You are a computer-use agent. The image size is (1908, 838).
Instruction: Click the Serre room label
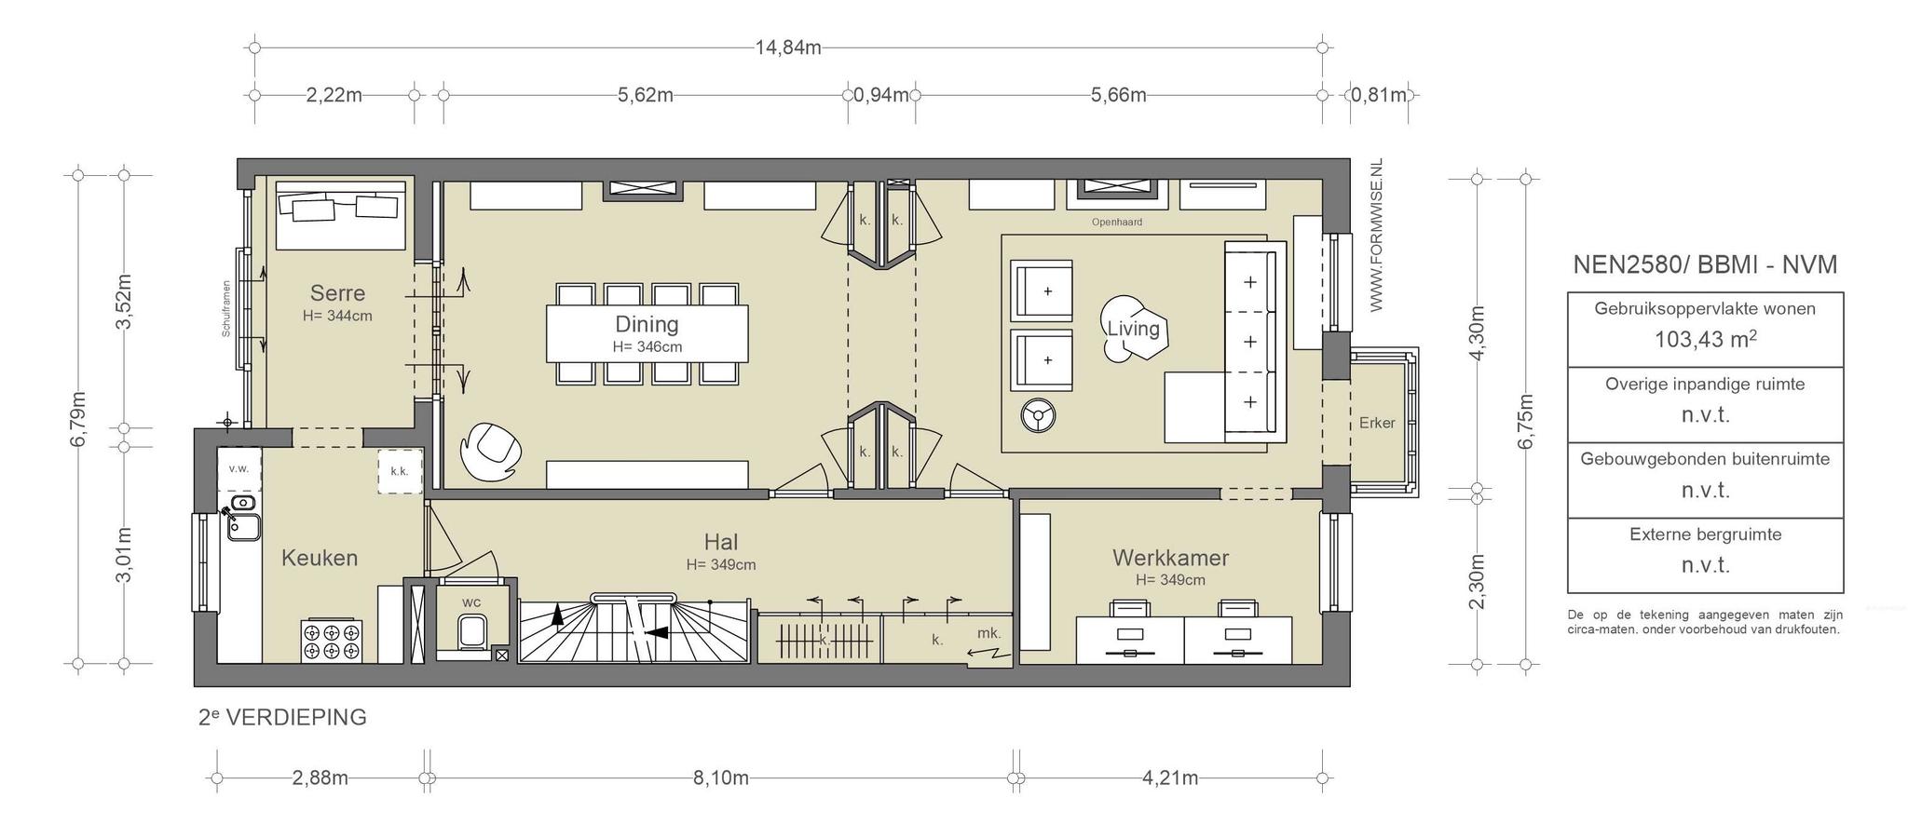tap(337, 293)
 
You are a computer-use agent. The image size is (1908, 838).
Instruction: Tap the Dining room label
tap(647, 324)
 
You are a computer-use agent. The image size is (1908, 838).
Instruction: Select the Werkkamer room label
tap(1170, 558)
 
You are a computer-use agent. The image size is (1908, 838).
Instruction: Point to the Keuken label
tap(320, 558)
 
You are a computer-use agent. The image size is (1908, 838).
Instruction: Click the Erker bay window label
tap(1377, 423)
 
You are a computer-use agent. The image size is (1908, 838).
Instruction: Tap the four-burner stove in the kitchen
tap(332, 641)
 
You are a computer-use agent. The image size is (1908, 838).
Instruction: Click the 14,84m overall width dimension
tap(788, 47)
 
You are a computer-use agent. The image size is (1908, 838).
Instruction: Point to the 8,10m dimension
tap(721, 778)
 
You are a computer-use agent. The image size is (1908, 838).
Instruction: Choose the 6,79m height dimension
tap(79, 419)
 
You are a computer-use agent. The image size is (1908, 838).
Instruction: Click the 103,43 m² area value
tap(1705, 340)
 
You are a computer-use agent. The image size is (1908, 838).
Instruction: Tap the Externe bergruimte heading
tap(1705, 534)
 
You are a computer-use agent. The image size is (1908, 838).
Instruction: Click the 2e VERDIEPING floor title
tap(282, 718)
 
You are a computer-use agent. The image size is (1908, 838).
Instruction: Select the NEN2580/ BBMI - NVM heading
tap(1705, 265)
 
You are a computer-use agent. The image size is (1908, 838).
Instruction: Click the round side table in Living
tap(1038, 415)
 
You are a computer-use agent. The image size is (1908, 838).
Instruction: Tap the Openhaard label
tap(1117, 223)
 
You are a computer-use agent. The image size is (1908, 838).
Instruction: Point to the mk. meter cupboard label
tap(988, 633)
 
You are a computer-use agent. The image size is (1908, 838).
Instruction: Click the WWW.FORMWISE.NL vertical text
tap(1376, 235)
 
